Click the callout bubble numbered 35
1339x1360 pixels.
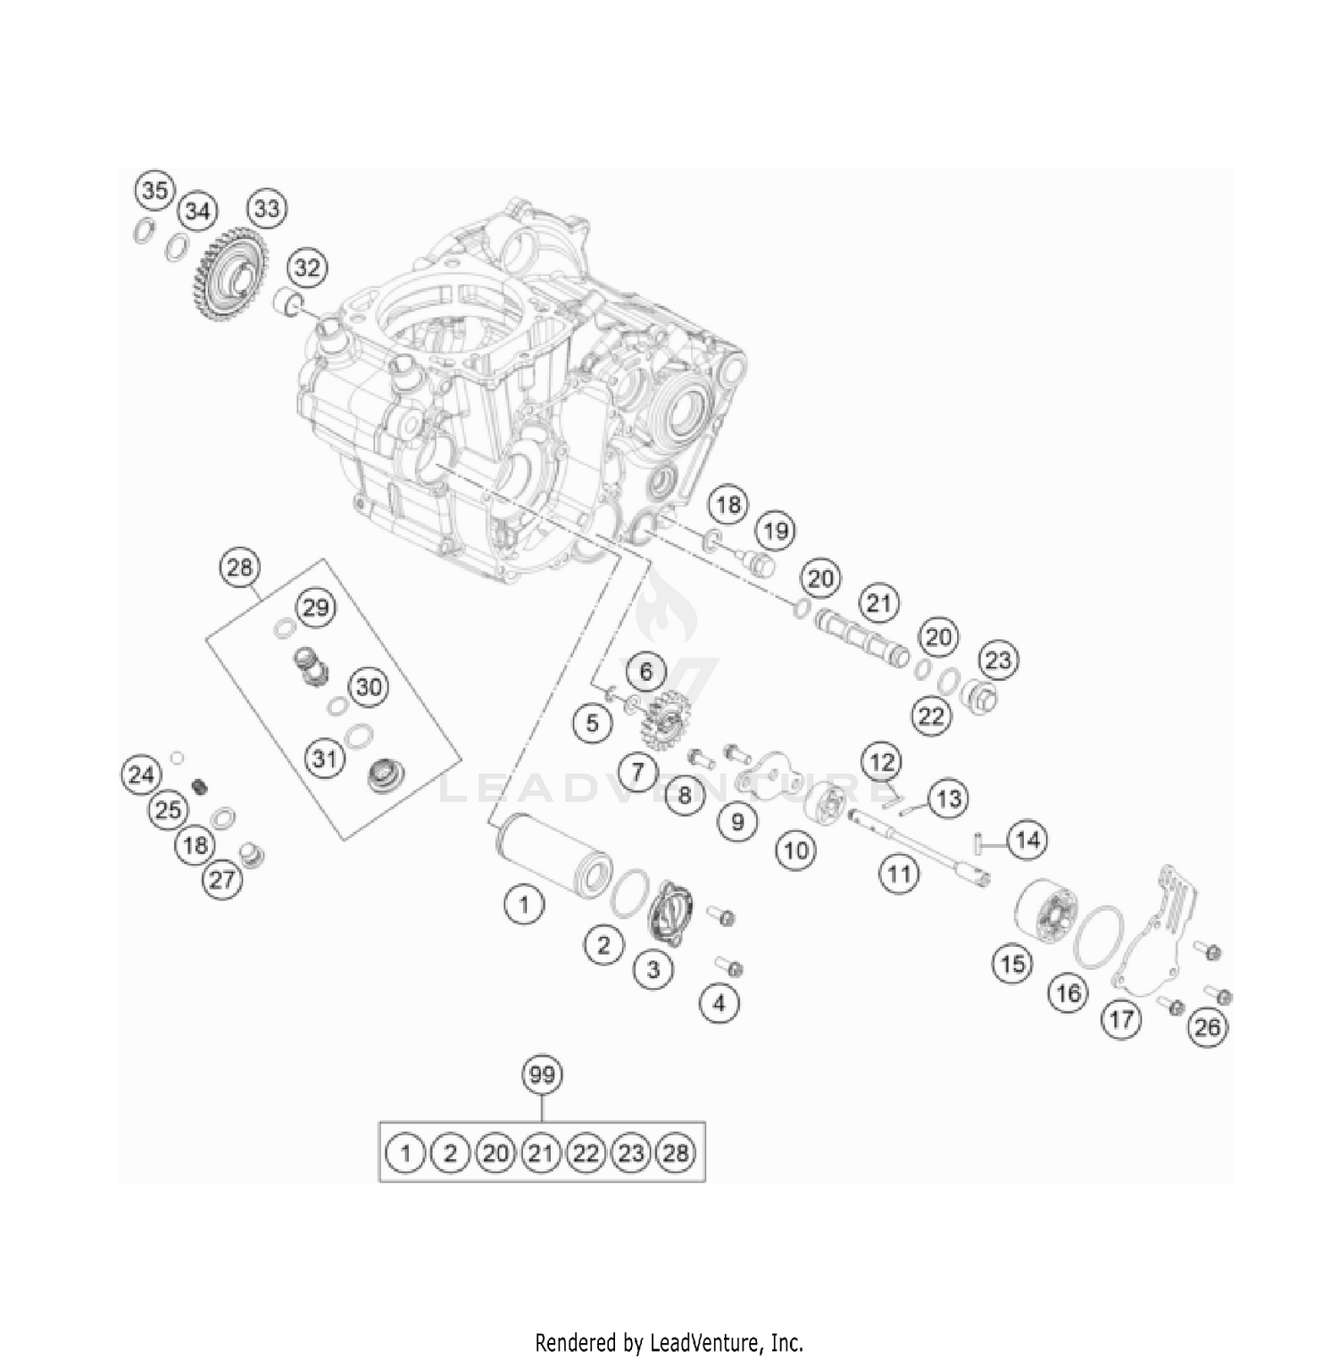155,190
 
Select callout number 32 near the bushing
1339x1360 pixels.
306,267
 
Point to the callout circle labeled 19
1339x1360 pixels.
776,531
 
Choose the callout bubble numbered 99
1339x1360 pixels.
542,1075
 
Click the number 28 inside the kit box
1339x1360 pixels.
676,1153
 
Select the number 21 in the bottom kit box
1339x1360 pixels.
540,1153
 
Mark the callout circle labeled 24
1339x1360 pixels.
141,774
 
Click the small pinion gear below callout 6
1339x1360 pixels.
660,714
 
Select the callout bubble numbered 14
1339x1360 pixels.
1027,840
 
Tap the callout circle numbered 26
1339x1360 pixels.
1207,1027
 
